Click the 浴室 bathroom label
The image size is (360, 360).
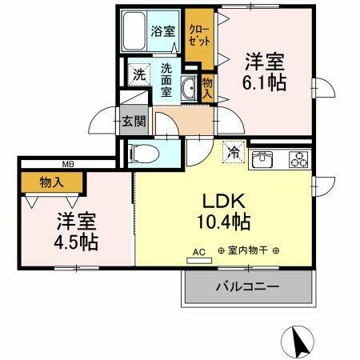tap(164, 33)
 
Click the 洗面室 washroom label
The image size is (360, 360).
tap(167, 81)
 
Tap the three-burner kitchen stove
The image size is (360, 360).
tap(298, 159)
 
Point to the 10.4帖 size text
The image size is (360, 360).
tap(224, 220)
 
